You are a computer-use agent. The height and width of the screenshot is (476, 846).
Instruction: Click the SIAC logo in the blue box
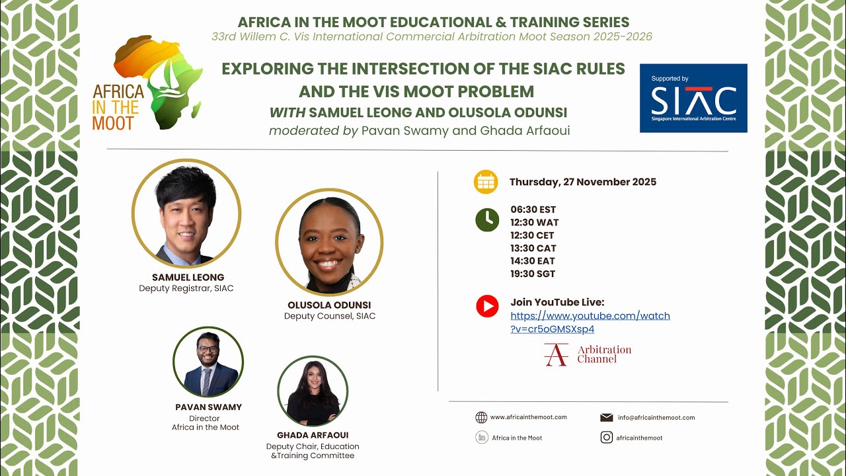pos(693,98)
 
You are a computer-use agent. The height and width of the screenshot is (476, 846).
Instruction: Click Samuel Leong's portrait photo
pos(186,214)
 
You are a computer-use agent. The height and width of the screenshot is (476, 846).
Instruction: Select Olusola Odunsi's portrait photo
pos(329,242)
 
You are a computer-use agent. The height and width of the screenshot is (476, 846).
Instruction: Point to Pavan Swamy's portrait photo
pos(208,362)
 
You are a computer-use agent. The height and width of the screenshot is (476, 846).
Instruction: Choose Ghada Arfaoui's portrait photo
pos(313,391)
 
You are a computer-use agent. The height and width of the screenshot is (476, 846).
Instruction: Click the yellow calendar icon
pos(486,182)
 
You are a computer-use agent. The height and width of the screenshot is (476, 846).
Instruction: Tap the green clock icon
pos(487,219)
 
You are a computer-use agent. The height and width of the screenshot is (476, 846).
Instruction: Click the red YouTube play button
pos(487,306)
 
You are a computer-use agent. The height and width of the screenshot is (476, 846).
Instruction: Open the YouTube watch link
pos(590,322)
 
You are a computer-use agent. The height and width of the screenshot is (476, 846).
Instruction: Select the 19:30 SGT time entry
pos(533,274)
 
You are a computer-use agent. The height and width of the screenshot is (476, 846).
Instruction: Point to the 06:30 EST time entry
pos(533,210)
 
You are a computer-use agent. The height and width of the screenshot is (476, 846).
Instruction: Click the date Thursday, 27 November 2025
pos(582,182)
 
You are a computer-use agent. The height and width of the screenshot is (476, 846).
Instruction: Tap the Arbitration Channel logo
pos(588,354)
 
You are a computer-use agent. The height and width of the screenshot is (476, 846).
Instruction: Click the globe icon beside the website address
pos(481,417)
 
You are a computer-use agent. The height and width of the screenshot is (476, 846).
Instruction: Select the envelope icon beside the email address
pos(606,417)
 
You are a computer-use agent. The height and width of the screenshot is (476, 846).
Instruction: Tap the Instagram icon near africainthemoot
pos(606,437)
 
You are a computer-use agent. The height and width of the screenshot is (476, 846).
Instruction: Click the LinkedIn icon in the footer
pos(481,437)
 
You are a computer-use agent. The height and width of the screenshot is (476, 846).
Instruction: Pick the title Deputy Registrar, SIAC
pos(186,288)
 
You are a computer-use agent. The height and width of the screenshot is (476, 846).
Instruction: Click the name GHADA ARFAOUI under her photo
pos(313,435)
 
